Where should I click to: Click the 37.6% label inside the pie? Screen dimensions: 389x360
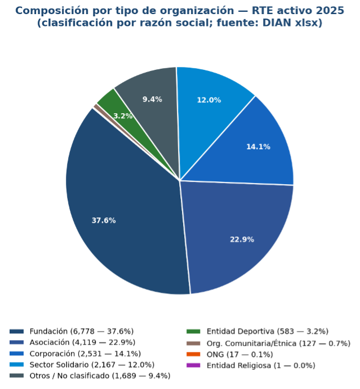point(104,220)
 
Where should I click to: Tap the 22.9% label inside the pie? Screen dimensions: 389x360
point(242,239)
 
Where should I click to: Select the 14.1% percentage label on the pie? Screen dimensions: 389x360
point(258,147)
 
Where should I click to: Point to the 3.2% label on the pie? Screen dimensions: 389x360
point(123,116)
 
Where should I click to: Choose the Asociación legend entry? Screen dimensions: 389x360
point(82,342)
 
